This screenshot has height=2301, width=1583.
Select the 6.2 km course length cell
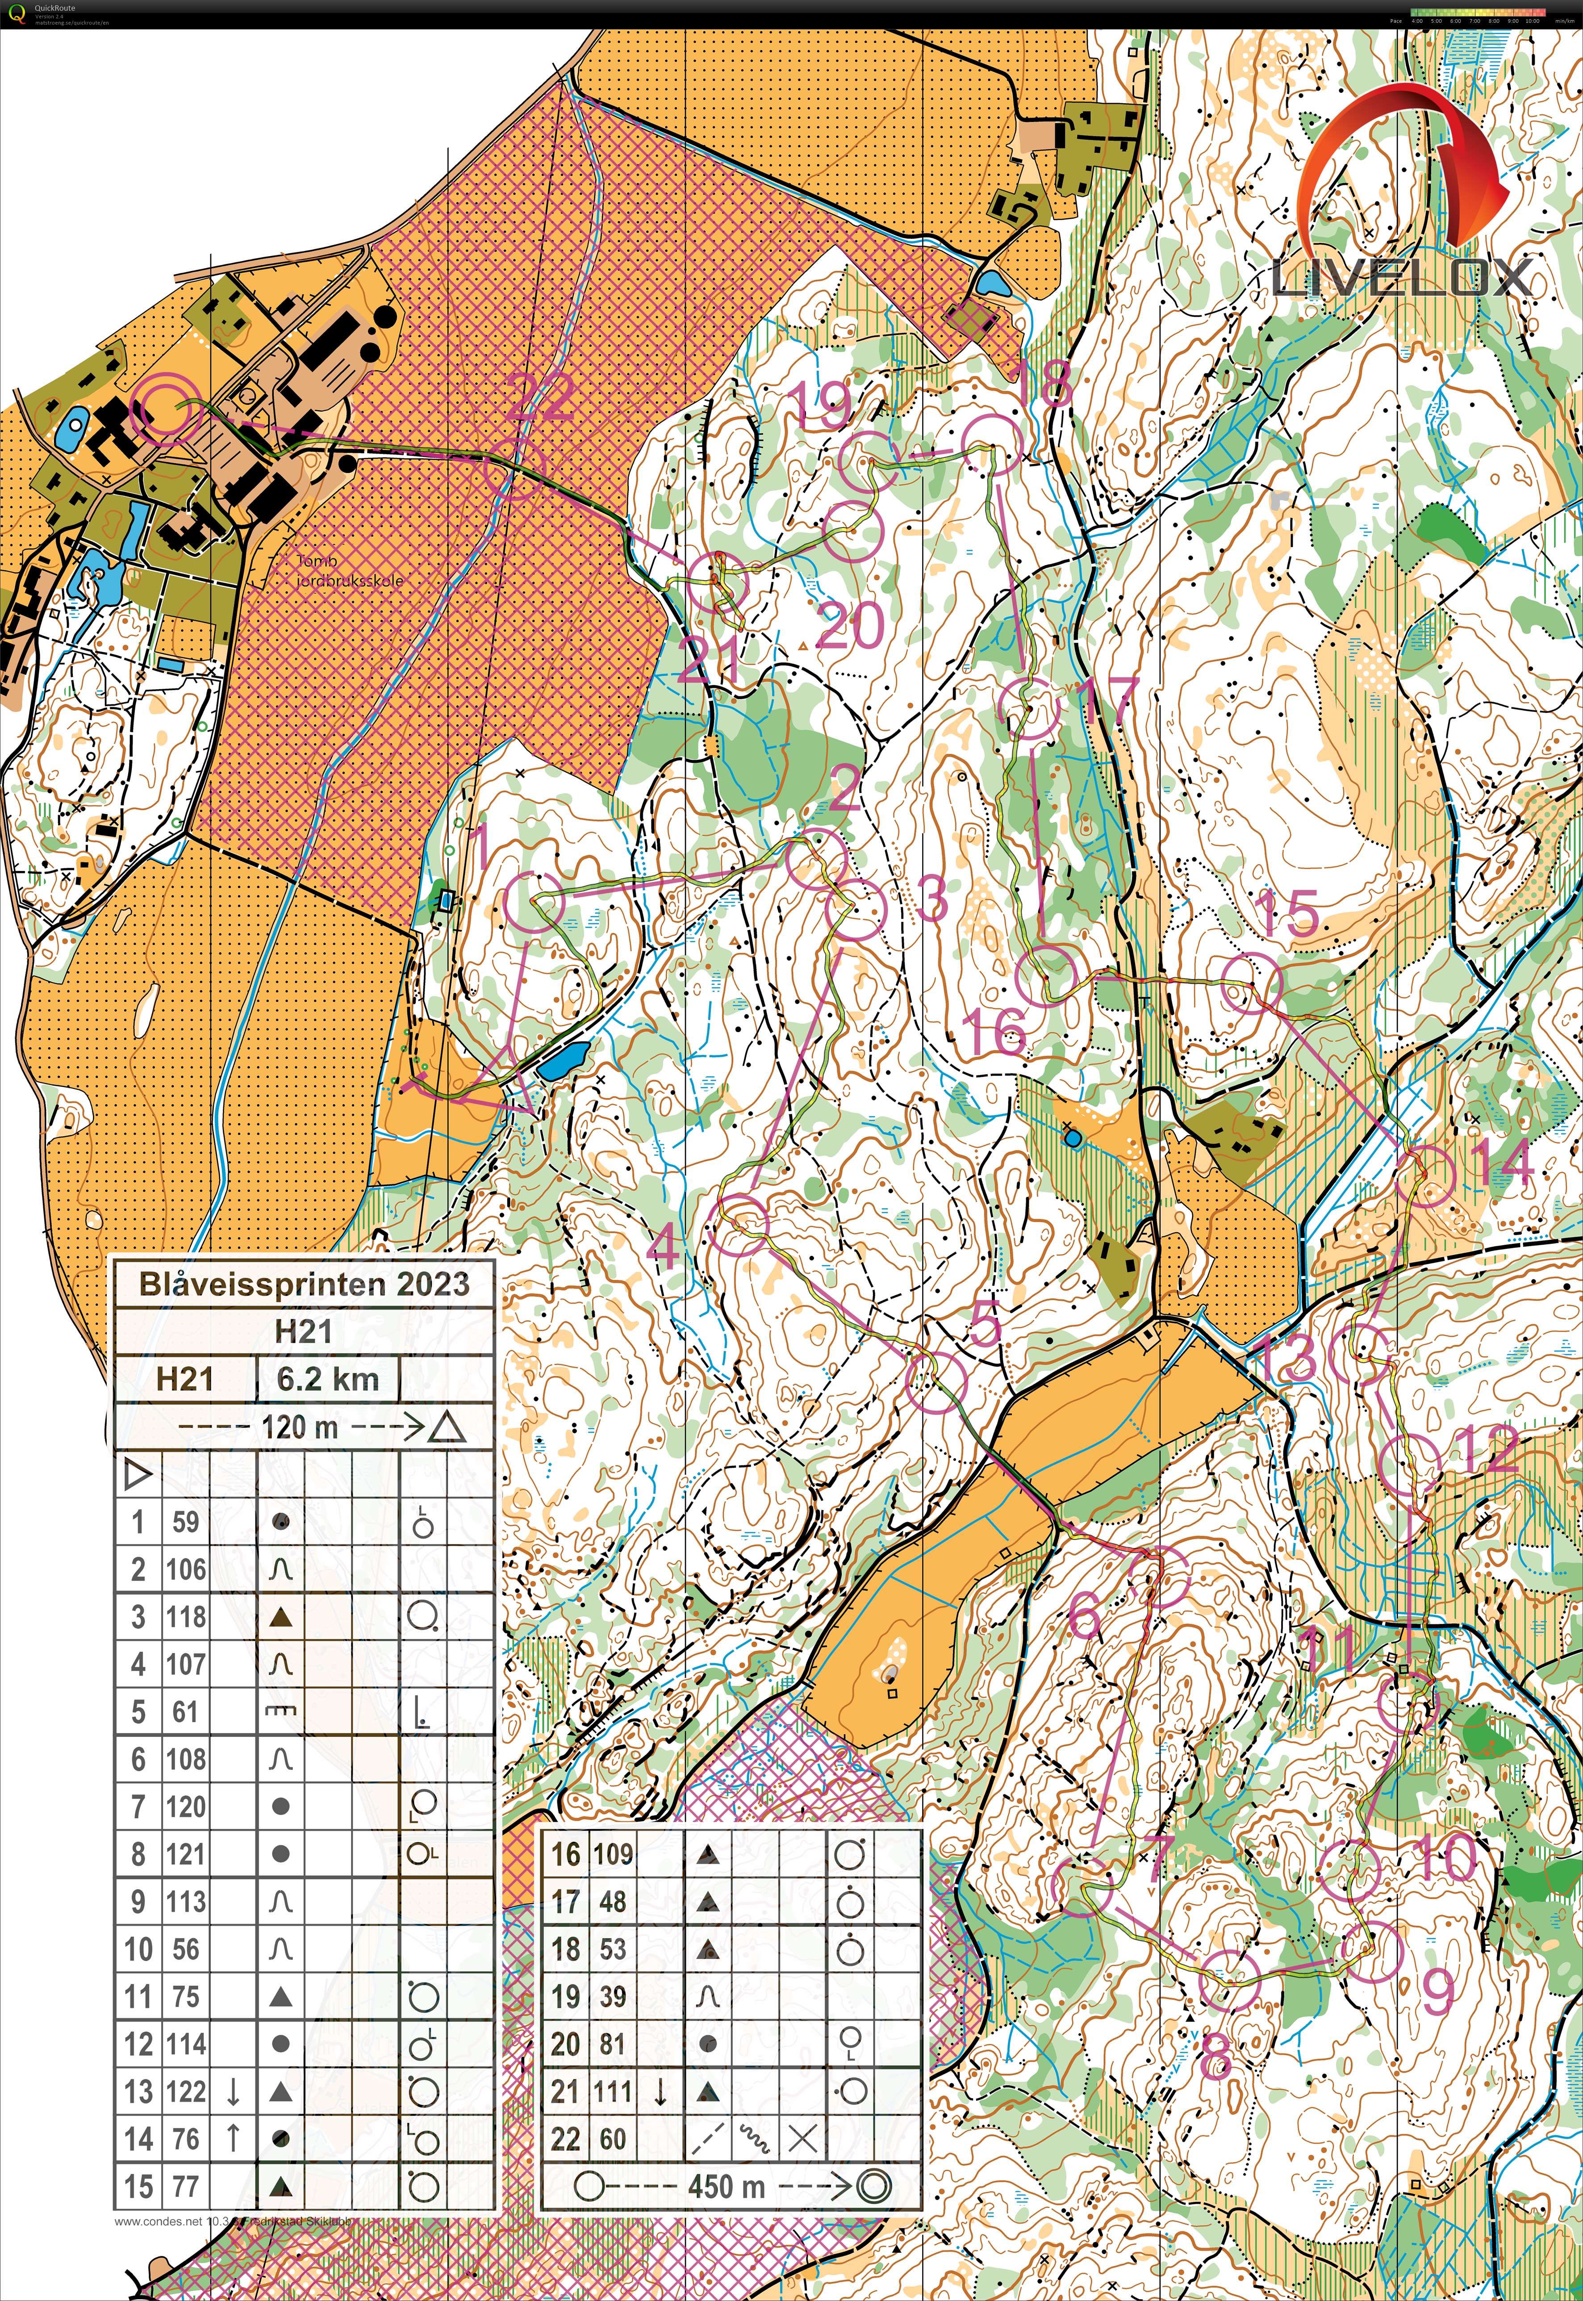pos(327,1379)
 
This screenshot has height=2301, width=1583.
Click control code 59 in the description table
pos(185,1522)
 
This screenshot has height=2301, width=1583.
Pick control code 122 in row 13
pos(185,2092)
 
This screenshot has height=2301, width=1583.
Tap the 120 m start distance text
pos(300,1427)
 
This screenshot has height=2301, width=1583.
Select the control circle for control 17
pos(1032,709)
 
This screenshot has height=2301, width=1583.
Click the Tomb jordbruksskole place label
pos(350,570)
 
